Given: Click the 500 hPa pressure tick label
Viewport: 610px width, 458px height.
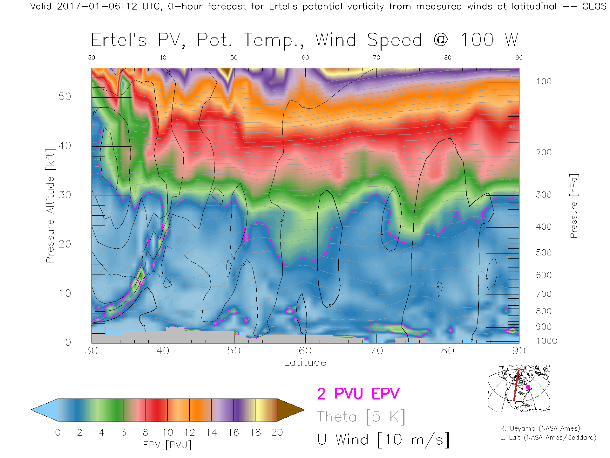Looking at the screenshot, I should pyautogui.click(x=544, y=253).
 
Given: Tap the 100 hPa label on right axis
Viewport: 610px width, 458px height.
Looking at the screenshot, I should pyautogui.click(x=544, y=81).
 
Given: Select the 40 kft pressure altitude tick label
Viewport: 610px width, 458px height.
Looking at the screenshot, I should pyautogui.click(x=64, y=146).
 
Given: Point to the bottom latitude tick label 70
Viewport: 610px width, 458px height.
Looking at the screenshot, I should pyautogui.click(x=376, y=350).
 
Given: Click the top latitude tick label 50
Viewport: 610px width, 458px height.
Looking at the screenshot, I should pyautogui.click(x=234, y=58).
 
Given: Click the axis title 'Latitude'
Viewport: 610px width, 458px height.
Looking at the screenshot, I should pyautogui.click(x=305, y=362).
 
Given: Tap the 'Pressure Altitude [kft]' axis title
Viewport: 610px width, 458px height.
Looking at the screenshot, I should pyautogui.click(x=50, y=206).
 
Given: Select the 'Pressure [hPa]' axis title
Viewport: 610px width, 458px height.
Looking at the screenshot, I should pyautogui.click(x=574, y=206).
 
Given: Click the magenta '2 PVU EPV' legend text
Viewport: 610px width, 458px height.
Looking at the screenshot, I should pyautogui.click(x=358, y=394).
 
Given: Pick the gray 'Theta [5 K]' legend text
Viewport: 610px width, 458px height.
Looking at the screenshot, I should pyautogui.click(x=361, y=417).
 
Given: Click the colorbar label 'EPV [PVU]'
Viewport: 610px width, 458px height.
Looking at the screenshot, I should pyautogui.click(x=167, y=445).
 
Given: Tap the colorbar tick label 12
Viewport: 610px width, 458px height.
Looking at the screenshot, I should pyautogui.click(x=189, y=433).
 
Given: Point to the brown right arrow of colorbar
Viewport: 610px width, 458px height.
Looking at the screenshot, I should pyautogui.click(x=290, y=410).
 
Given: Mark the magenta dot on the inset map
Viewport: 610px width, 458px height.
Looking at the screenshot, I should pyautogui.click(x=528, y=387).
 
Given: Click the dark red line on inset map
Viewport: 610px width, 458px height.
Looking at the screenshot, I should pyautogui.click(x=516, y=386).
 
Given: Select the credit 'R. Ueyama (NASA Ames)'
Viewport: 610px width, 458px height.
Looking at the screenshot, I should pyautogui.click(x=540, y=428).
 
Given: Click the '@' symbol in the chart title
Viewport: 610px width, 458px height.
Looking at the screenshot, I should pyautogui.click(x=441, y=40).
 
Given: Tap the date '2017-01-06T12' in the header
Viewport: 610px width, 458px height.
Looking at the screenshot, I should pyautogui.click(x=97, y=6).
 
